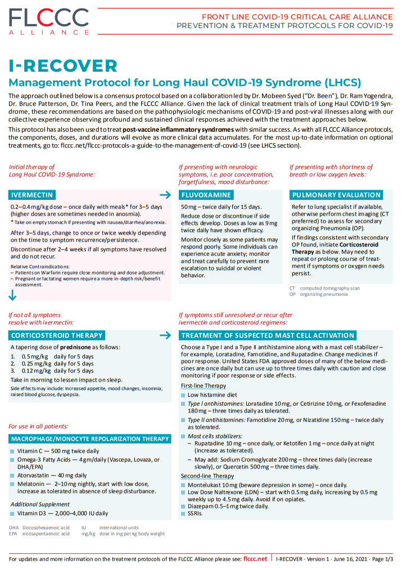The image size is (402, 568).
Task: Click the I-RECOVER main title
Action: point(63,65)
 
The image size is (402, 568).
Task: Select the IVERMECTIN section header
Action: point(32,195)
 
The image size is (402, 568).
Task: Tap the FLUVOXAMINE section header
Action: point(206,195)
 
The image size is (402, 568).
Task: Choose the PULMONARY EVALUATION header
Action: point(336,195)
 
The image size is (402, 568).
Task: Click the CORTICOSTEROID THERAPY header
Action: point(56,335)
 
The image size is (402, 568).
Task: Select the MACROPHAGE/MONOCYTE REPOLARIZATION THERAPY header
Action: point(90,439)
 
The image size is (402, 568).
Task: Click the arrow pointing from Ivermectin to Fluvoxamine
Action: point(165,195)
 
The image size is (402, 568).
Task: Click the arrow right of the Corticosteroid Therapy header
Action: point(165,335)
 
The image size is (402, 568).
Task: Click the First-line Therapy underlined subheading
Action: point(200,386)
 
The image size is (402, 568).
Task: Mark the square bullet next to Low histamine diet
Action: point(183,396)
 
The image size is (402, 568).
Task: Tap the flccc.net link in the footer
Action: point(255,559)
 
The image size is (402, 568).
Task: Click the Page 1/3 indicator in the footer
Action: point(383,559)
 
